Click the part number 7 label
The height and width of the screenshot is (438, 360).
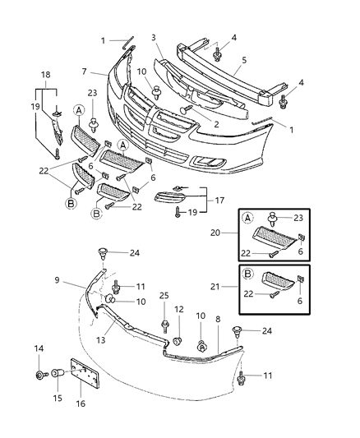coord(83,71)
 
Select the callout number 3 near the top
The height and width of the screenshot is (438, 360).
coord(152,38)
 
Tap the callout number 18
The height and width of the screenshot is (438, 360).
coord(44,74)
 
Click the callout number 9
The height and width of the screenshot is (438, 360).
coord(58,281)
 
